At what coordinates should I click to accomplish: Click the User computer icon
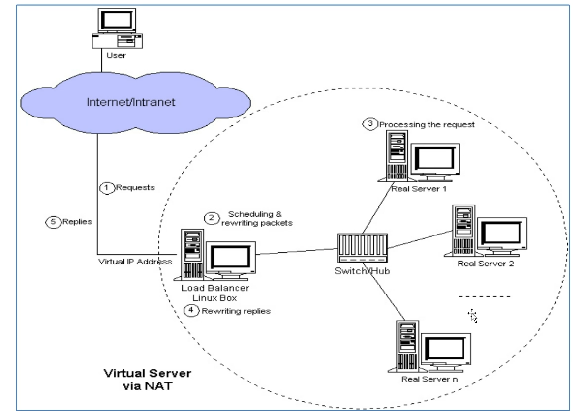click(x=117, y=29)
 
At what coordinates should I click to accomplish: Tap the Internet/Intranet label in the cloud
click(x=131, y=102)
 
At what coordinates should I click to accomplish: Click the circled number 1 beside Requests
click(x=107, y=188)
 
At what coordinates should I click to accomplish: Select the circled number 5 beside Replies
click(x=53, y=222)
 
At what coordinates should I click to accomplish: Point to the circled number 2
click(x=212, y=218)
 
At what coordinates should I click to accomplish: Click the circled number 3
click(x=370, y=123)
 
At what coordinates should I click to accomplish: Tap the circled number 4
click(x=191, y=310)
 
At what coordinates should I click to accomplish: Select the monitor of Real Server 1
click(x=435, y=162)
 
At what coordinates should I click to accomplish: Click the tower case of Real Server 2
click(x=463, y=231)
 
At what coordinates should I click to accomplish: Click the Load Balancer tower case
click(x=193, y=255)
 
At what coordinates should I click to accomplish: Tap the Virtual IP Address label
click(x=135, y=262)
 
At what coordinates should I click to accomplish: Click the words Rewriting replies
click(x=236, y=311)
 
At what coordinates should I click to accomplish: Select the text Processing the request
click(x=427, y=125)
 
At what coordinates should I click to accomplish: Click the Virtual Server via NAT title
click(x=148, y=380)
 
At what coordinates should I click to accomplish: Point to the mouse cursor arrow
click(x=472, y=315)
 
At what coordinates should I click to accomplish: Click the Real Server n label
click(x=429, y=379)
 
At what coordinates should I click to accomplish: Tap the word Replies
click(x=77, y=221)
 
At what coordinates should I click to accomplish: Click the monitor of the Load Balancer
click(x=231, y=260)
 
